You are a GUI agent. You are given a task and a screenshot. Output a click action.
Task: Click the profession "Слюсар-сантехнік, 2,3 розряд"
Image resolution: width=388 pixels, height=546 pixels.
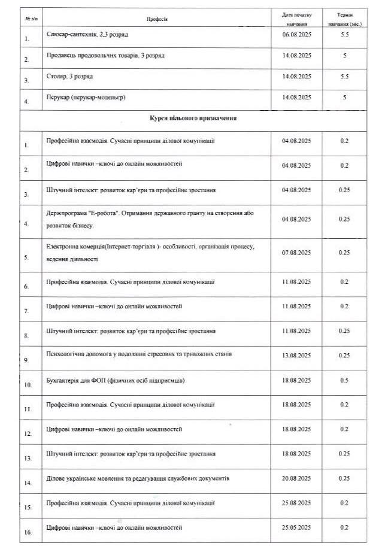click(87, 35)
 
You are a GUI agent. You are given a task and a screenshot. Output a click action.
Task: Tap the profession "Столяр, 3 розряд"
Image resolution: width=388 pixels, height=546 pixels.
click(69, 77)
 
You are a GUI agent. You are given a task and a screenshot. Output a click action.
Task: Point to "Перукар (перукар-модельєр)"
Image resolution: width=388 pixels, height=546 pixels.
click(86, 98)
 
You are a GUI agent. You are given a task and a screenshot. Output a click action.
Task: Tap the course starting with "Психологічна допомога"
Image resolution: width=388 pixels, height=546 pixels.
click(139, 354)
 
